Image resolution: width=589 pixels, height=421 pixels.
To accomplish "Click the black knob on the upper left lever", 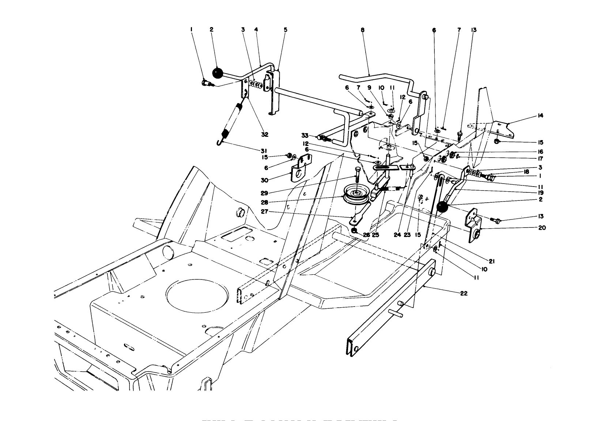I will tap(217, 73).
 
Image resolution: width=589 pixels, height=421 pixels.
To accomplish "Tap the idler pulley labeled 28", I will tap(355, 196).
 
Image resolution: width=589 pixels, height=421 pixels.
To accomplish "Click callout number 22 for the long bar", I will tap(464, 293).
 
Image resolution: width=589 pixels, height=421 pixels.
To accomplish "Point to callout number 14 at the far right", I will tap(540, 116).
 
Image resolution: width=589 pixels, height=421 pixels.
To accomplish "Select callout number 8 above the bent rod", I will tap(363, 30).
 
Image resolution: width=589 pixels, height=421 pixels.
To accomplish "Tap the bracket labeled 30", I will tap(301, 169).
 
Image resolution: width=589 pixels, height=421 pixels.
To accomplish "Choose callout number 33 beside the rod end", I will tap(305, 135).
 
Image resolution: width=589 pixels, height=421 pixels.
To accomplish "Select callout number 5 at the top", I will tap(286, 30).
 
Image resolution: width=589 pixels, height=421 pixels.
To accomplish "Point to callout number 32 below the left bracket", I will tap(264, 135).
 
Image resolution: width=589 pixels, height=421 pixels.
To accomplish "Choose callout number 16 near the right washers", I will tap(540, 151).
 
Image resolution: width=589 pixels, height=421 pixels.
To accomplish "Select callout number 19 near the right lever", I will tap(540, 193).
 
